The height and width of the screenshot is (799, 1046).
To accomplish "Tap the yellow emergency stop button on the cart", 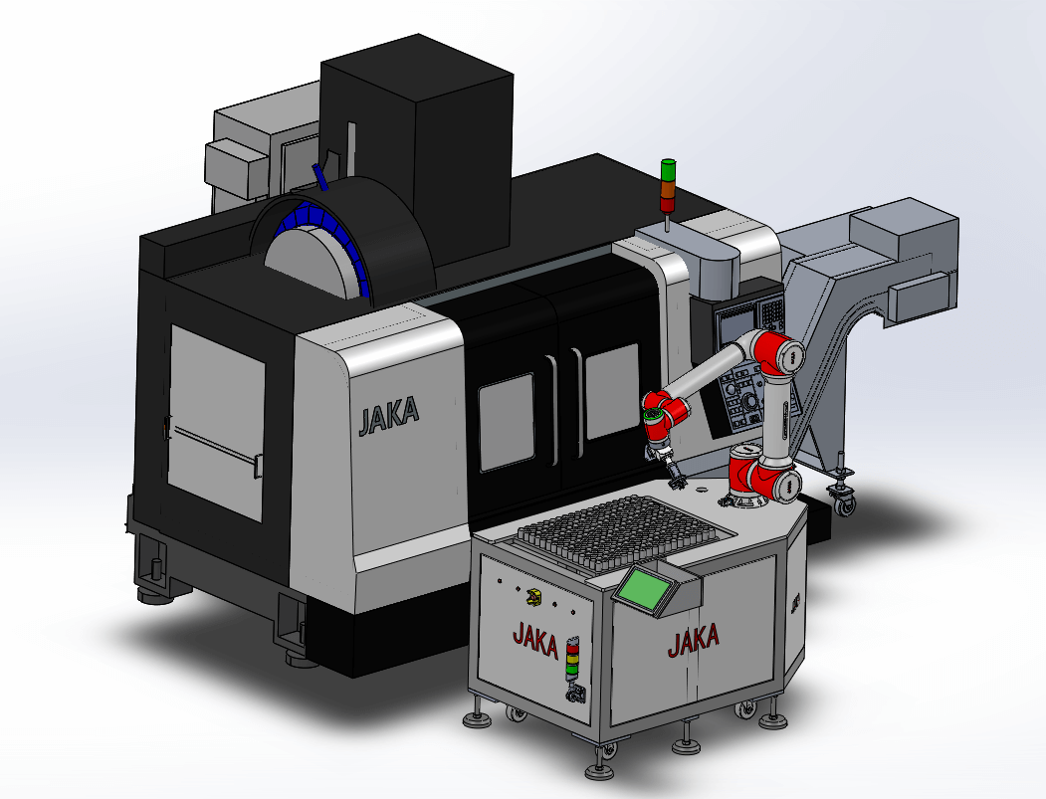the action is click(533, 597).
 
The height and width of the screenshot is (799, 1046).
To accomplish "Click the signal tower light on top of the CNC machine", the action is click(667, 186).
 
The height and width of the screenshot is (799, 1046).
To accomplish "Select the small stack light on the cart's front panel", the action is click(571, 661).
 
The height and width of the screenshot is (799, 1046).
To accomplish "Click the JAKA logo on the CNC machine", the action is click(389, 416).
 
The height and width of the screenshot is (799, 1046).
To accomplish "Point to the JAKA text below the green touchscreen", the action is click(694, 640).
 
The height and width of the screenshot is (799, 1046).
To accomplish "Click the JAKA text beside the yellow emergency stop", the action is click(535, 639).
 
